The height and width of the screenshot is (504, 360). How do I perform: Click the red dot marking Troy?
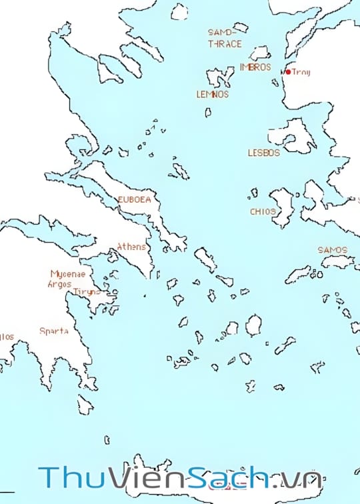pos(287,72)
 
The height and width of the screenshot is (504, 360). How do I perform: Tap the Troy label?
pos(301,72)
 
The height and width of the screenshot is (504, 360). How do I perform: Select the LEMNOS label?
pos(212,95)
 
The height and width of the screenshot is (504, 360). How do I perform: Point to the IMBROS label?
pos(255,67)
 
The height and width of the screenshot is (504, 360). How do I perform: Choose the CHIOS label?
pos(263,211)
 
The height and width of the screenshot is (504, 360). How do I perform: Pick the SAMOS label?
pos(332,250)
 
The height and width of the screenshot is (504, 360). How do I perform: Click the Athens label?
pos(131,247)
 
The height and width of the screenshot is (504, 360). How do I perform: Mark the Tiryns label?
pos(86,291)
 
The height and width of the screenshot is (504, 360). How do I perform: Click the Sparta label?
pos(53,331)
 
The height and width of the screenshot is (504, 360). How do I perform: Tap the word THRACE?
pos(225,44)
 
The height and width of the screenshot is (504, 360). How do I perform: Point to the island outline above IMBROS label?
pos(259,53)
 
